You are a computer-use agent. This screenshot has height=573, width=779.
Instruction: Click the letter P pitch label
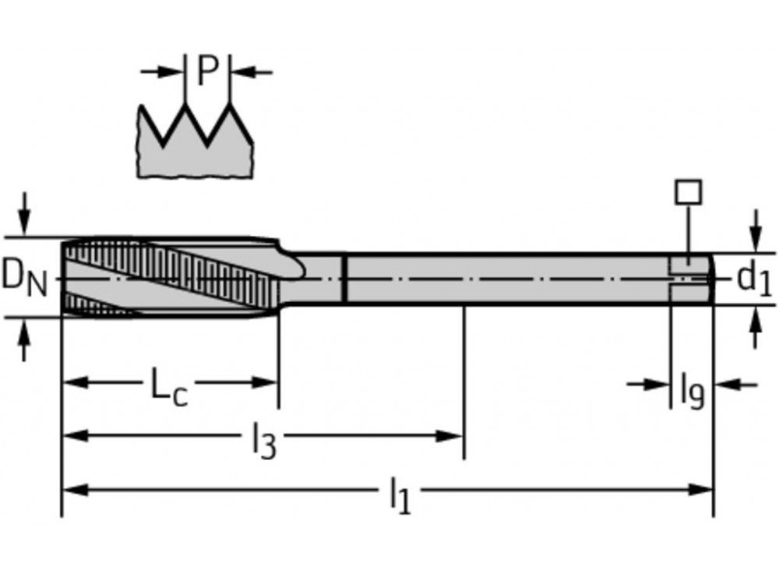click(207, 72)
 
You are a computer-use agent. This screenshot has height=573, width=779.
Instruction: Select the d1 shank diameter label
click(753, 278)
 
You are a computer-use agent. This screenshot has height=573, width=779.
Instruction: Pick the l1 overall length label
click(399, 496)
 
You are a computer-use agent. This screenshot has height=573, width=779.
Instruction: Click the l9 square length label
click(691, 388)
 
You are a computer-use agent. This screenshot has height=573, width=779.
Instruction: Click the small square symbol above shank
click(689, 192)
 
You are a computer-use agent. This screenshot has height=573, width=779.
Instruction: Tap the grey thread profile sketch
click(195, 152)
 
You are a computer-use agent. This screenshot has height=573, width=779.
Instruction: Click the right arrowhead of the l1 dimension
click(702, 490)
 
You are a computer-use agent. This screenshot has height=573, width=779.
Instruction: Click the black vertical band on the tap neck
click(344, 277)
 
